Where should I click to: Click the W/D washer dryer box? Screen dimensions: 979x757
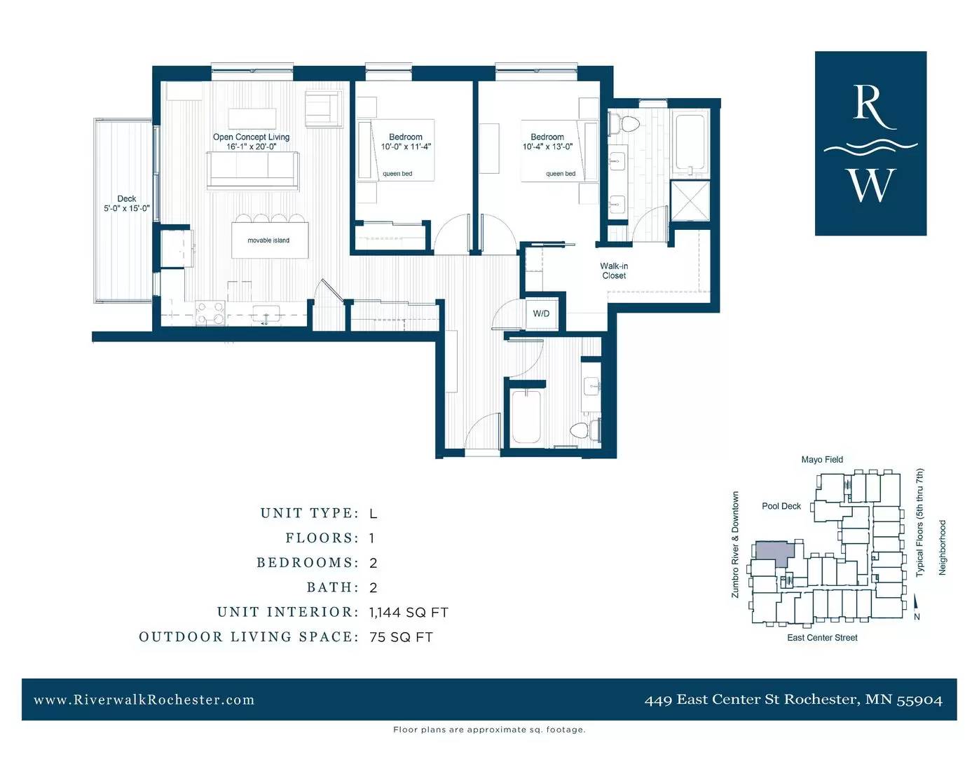tap(541, 313)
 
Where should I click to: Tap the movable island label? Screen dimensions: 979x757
tap(268, 240)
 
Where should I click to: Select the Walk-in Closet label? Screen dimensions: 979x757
tap(614, 271)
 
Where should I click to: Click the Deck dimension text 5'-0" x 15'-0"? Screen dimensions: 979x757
tap(127, 208)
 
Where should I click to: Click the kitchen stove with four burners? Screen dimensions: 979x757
tap(210, 313)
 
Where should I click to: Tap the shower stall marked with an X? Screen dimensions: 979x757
tap(690, 201)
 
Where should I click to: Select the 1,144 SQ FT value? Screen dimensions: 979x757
tap(409, 613)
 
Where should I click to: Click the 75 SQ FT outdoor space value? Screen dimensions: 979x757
tap(401, 637)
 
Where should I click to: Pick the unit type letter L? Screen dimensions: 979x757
tap(373, 514)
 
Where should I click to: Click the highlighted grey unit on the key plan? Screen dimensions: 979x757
tap(773, 552)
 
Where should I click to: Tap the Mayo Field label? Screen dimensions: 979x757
tap(822, 460)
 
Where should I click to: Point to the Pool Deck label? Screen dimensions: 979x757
tap(781, 506)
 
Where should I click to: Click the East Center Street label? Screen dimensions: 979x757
tap(822, 638)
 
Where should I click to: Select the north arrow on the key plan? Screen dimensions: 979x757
tap(915, 602)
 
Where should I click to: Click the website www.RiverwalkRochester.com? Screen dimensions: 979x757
tap(144, 700)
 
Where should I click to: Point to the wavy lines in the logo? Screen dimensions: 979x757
tap(870, 147)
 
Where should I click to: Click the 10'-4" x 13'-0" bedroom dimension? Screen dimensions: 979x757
tap(547, 146)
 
